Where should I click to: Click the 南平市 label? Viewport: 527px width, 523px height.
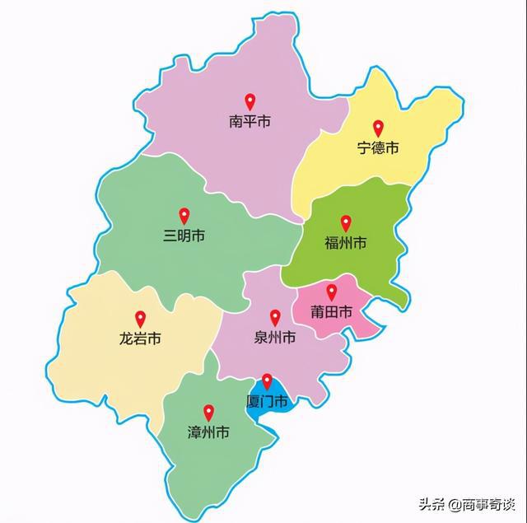250,123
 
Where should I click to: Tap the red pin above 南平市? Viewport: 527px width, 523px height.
250,102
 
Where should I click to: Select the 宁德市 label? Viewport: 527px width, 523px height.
378,148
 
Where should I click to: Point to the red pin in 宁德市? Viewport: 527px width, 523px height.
379,128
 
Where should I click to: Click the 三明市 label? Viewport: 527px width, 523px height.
184,236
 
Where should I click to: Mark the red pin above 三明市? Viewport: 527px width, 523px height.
184,215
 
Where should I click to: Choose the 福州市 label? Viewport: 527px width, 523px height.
346,244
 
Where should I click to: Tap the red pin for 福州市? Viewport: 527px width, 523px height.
346,222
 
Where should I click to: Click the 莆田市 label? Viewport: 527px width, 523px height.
332,312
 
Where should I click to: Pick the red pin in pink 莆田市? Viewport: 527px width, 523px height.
332,292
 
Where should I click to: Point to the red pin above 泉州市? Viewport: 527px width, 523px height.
275,317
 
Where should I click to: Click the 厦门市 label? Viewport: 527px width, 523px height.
268,402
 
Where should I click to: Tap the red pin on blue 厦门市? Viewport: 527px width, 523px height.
267,381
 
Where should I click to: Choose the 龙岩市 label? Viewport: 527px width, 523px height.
140,339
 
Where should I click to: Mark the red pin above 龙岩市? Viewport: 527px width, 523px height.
140,318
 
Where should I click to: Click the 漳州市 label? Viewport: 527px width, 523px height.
208,432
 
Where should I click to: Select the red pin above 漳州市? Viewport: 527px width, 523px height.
208,412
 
